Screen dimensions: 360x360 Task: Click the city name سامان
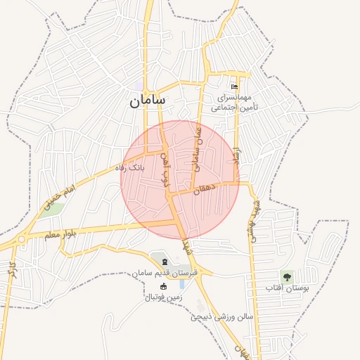[x=148, y=101]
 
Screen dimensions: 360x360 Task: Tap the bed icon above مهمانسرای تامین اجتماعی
[x=236, y=86]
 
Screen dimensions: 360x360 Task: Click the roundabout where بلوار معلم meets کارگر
[x=20, y=239]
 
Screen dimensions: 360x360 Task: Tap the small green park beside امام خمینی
[x=52, y=210]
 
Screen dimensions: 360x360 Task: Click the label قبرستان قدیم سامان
[x=167, y=272]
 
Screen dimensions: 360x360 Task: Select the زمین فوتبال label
[x=163, y=297]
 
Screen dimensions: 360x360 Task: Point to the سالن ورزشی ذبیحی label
[x=221, y=317]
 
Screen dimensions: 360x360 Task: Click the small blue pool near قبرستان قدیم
[x=183, y=284]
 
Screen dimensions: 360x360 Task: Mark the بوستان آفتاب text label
[x=288, y=288]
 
